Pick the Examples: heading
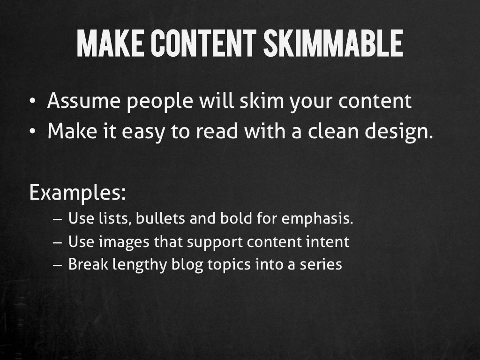point(77,193)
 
